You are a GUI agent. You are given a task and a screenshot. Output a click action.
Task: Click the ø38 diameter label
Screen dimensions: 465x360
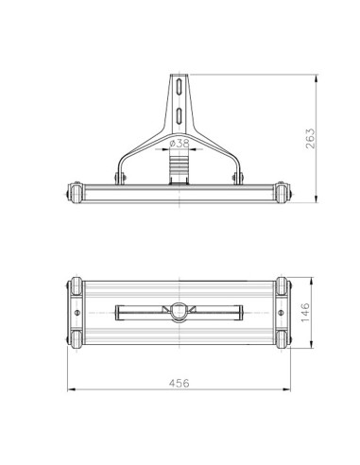click(180, 145)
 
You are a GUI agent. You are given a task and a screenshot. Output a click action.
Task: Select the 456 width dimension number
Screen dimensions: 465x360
click(180, 383)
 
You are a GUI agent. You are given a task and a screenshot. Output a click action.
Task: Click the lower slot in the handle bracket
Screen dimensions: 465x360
click(179, 116)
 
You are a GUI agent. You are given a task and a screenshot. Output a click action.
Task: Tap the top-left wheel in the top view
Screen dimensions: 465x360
click(73, 285)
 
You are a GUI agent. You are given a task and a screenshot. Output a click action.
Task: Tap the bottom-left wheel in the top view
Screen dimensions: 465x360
click(73, 338)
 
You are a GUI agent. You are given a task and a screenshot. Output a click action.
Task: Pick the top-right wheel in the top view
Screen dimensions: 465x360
click(284, 285)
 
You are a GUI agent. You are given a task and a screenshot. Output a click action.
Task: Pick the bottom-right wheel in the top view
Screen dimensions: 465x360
click(284, 338)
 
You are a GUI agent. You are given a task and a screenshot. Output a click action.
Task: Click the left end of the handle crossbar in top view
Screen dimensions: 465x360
click(115, 311)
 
